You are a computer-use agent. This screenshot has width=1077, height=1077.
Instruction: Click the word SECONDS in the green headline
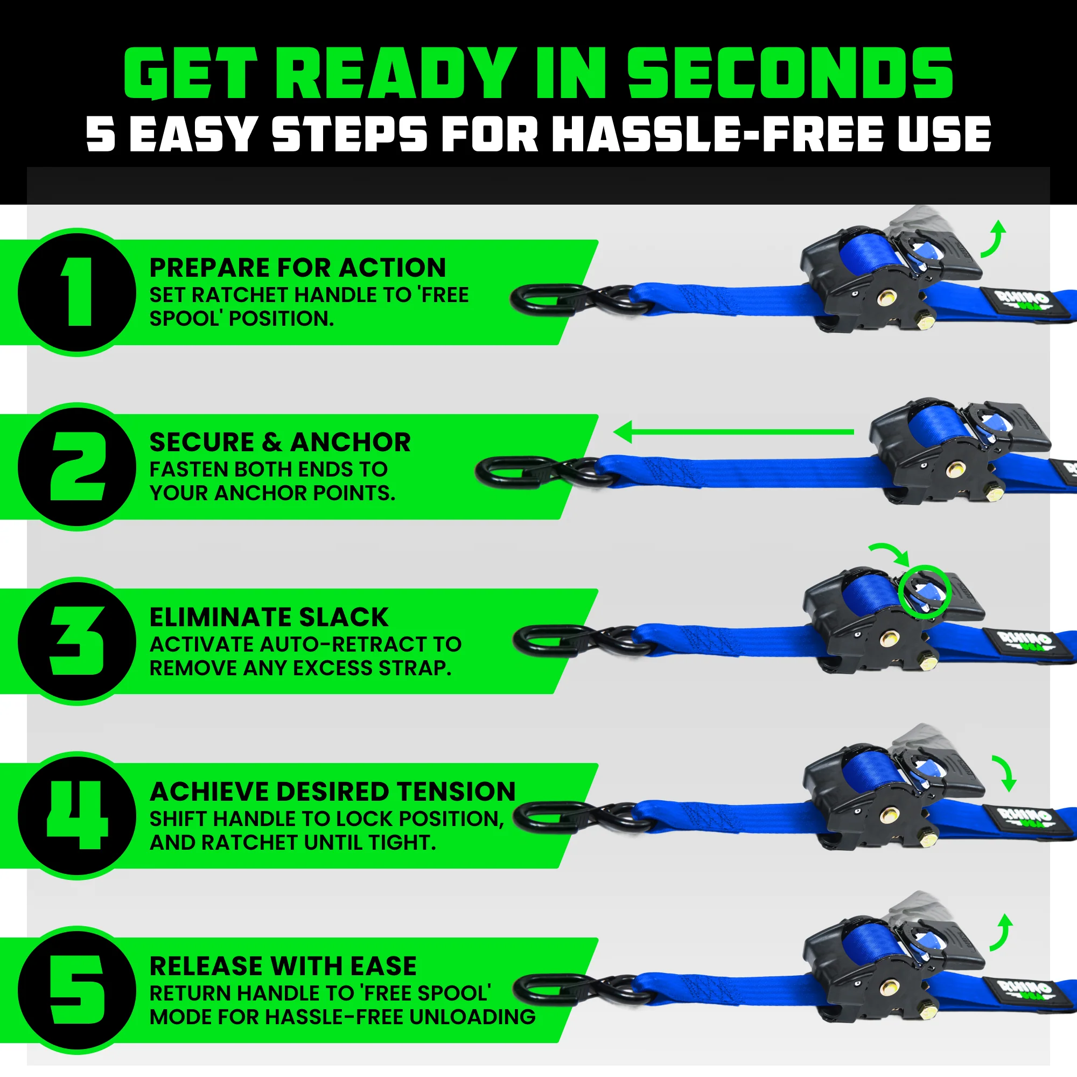click(x=790, y=74)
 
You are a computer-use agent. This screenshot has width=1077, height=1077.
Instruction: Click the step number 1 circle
click(x=78, y=292)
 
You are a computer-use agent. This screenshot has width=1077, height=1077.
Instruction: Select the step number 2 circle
click(x=78, y=466)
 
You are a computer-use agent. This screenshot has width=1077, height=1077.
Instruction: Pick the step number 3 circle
click(x=78, y=641)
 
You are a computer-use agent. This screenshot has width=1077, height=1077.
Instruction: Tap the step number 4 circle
click(x=78, y=815)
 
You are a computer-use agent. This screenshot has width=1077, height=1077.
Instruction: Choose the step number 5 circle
click(x=78, y=990)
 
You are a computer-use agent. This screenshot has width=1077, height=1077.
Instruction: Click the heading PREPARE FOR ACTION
click(x=298, y=268)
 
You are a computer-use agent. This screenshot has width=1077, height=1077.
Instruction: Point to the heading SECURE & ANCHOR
click(x=280, y=443)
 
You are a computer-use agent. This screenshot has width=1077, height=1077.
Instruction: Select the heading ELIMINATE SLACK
click(x=269, y=617)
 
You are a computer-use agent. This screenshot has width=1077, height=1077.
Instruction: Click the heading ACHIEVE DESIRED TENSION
click(x=333, y=792)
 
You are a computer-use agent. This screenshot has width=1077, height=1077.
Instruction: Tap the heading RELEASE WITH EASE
click(x=283, y=966)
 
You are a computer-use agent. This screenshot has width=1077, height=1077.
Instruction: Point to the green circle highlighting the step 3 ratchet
click(x=923, y=590)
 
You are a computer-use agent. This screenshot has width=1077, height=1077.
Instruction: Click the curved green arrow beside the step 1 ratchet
click(x=992, y=239)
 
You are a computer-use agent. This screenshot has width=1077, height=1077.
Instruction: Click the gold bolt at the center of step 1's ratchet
click(x=885, y=299)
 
